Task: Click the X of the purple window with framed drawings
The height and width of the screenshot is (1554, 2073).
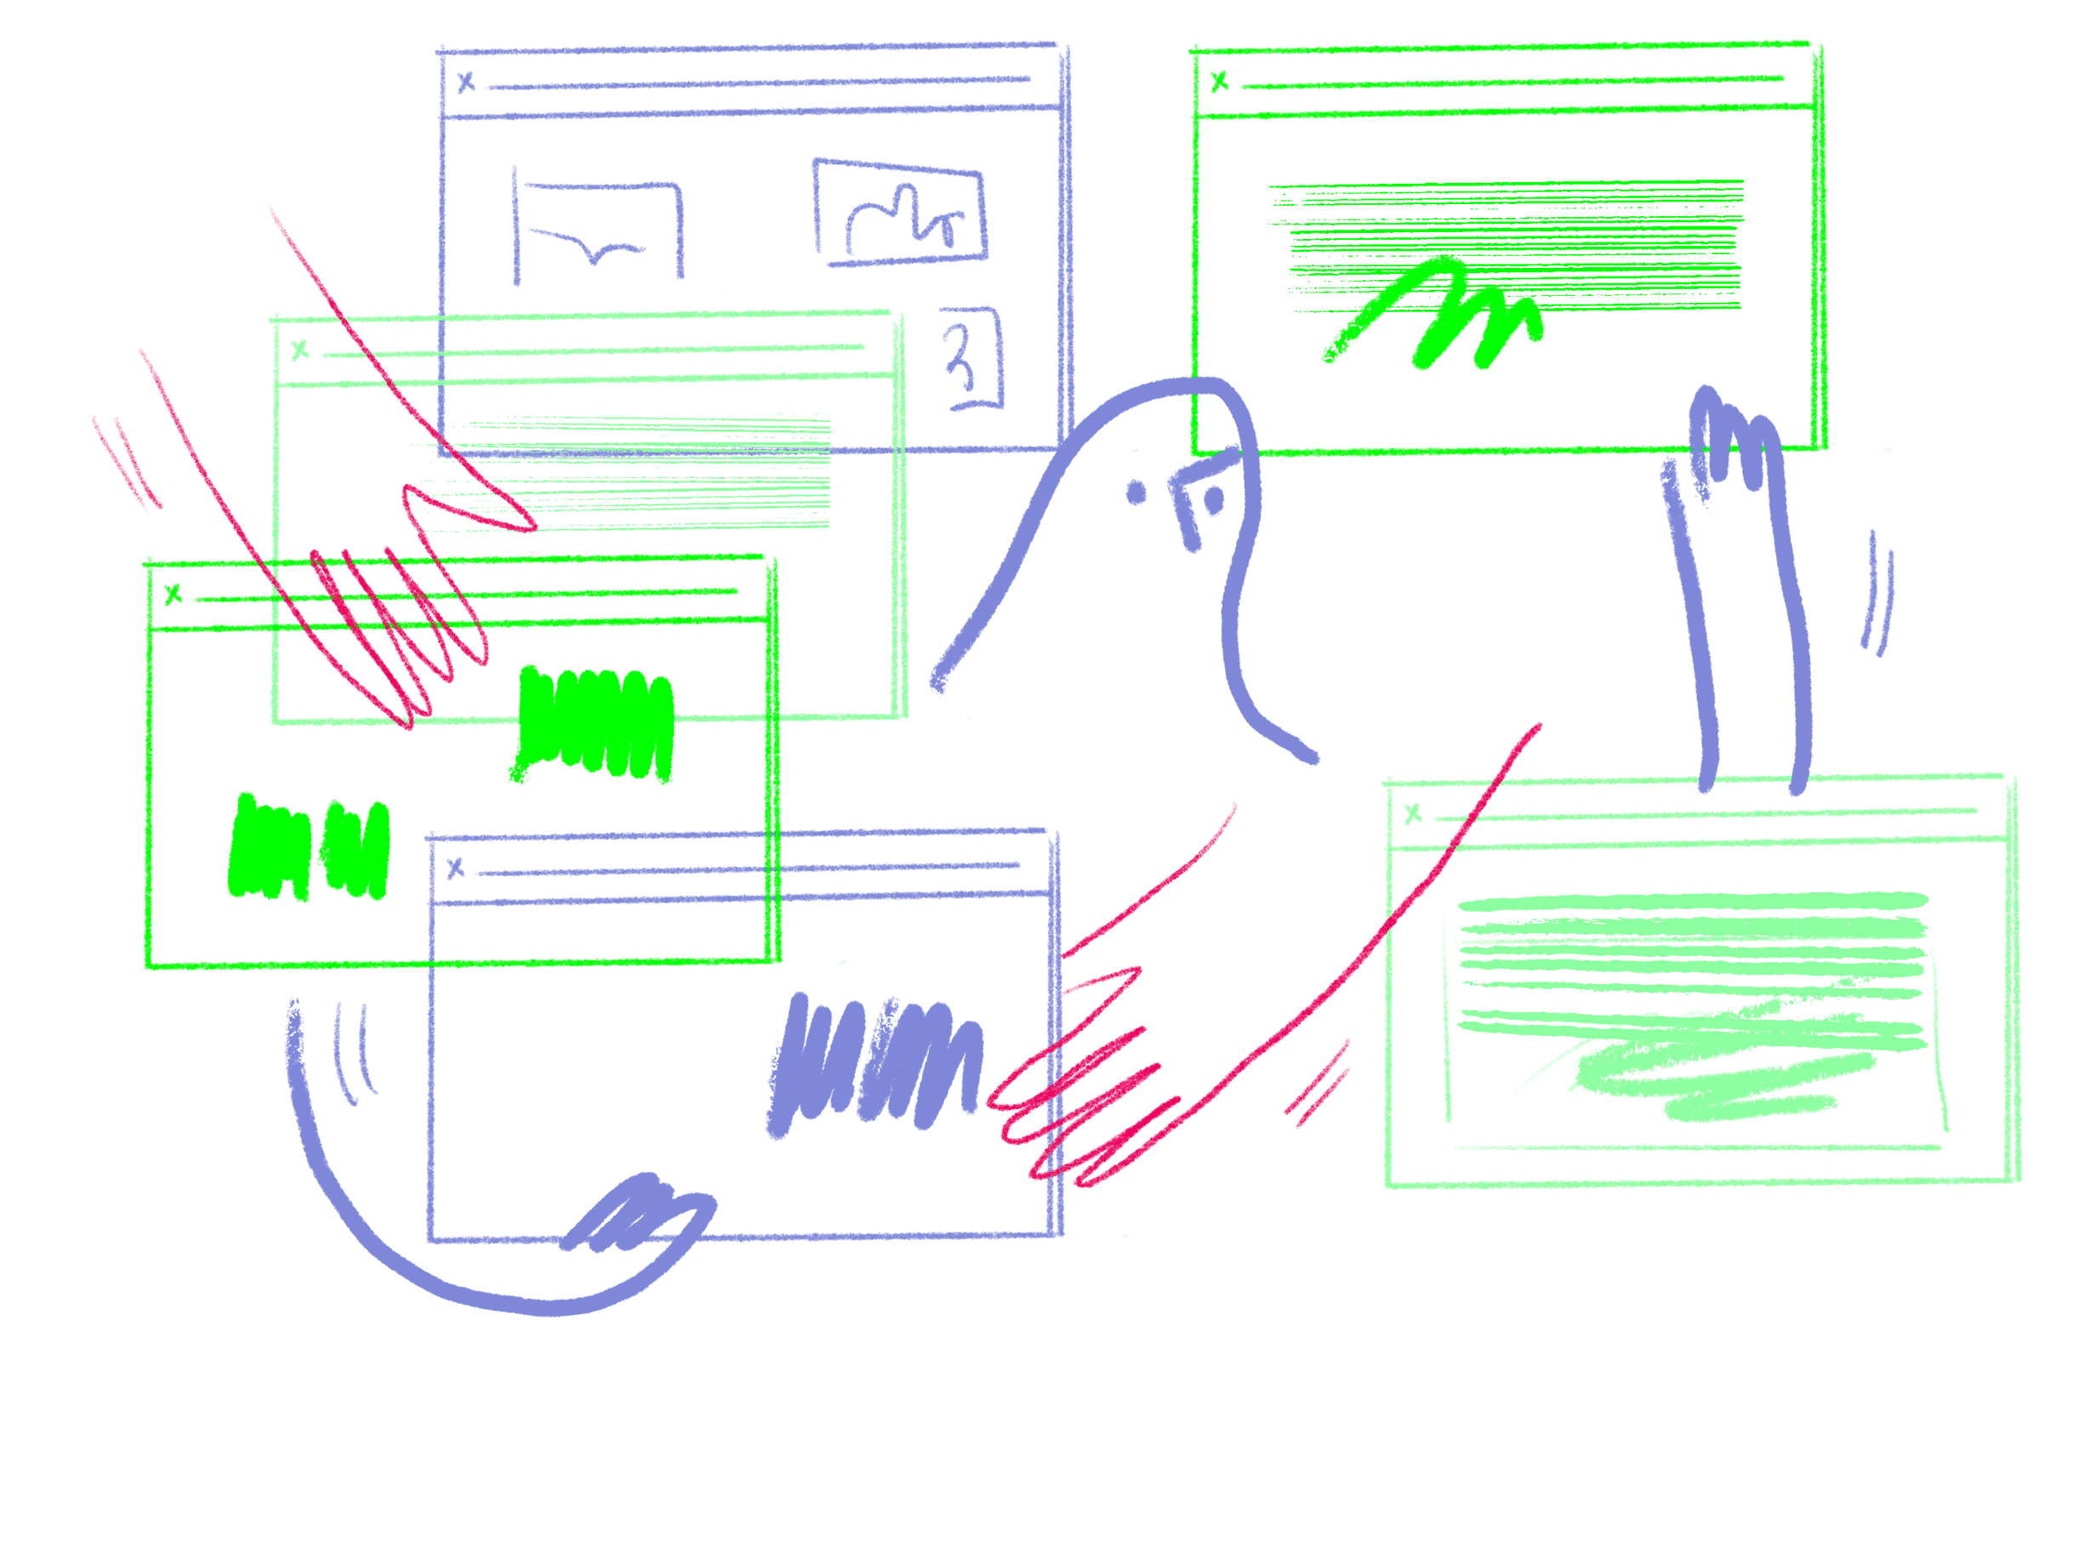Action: (x=466, y=83)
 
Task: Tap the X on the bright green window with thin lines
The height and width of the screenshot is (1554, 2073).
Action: (x=1219, y=83)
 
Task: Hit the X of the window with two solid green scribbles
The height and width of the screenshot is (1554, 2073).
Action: (x=173, y=595)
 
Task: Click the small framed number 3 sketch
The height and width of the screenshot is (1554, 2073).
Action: (x=970, y=359)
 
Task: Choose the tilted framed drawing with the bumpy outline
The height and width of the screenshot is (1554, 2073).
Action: (x=901, y=214)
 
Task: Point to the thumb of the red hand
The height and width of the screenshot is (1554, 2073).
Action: (x=469, y=511)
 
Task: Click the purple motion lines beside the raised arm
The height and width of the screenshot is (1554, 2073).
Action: (x=1877, y=595)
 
